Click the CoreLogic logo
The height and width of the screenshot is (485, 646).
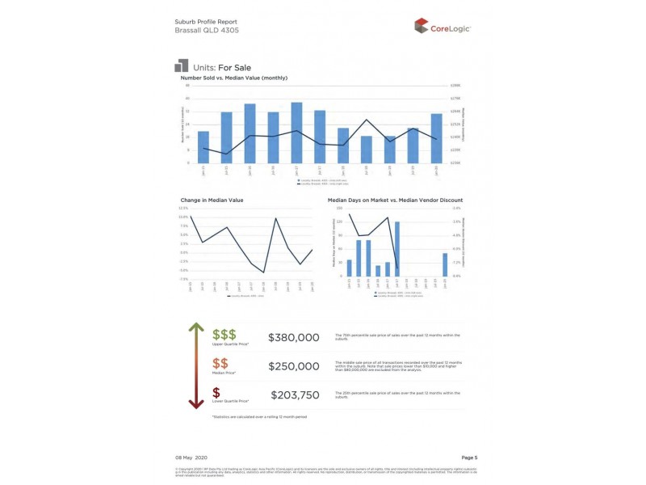[x=443, y=27]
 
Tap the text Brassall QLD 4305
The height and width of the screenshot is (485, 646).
[x=206, y=30]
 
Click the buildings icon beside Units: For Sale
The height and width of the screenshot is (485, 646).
[x=181, y=65]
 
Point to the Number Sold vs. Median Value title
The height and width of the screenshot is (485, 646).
[x=233, y=78]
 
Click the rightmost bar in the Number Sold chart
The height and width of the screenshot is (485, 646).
[x=436, y=138]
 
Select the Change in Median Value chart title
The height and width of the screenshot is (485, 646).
[x=212, y=200]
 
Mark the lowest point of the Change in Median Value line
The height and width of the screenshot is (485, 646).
[x=263, y=272]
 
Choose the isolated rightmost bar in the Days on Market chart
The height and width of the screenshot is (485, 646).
[x=445, y=264]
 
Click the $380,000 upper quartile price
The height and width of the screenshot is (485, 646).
[x=294, y=337]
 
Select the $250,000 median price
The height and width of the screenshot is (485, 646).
[x=294, y=366]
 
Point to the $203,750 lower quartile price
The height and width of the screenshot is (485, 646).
[x=294, y=395]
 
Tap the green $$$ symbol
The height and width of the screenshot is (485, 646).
[x=224, y=334]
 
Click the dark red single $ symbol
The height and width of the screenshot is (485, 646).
[x=216, y=392]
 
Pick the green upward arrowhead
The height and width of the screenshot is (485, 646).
[x=195, y=327]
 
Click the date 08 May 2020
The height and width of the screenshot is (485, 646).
[x=192, y=458]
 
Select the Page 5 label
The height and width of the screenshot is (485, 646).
[x=469, y=458]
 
